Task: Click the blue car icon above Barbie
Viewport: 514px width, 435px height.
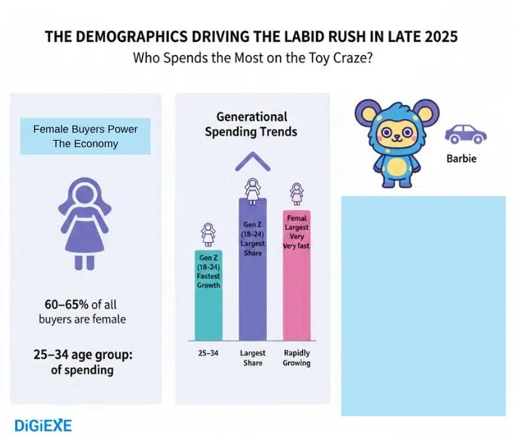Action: tap(465, 134)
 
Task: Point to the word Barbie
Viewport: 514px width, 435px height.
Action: tap(461, 158)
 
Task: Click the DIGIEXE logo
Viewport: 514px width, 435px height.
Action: tap(43, 424)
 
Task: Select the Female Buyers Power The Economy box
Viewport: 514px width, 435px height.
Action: tap(86, 136)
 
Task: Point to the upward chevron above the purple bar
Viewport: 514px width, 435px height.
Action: tap(251, 160)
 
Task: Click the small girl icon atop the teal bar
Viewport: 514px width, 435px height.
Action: tap(208, 235)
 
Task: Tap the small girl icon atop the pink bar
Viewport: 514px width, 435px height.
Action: tap(297, 194)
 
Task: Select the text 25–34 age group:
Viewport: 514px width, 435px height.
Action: tap(80, 355)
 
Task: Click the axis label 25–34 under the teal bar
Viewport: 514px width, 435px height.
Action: tap(207, 354)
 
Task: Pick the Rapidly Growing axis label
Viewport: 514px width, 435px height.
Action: tap(297, 358)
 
